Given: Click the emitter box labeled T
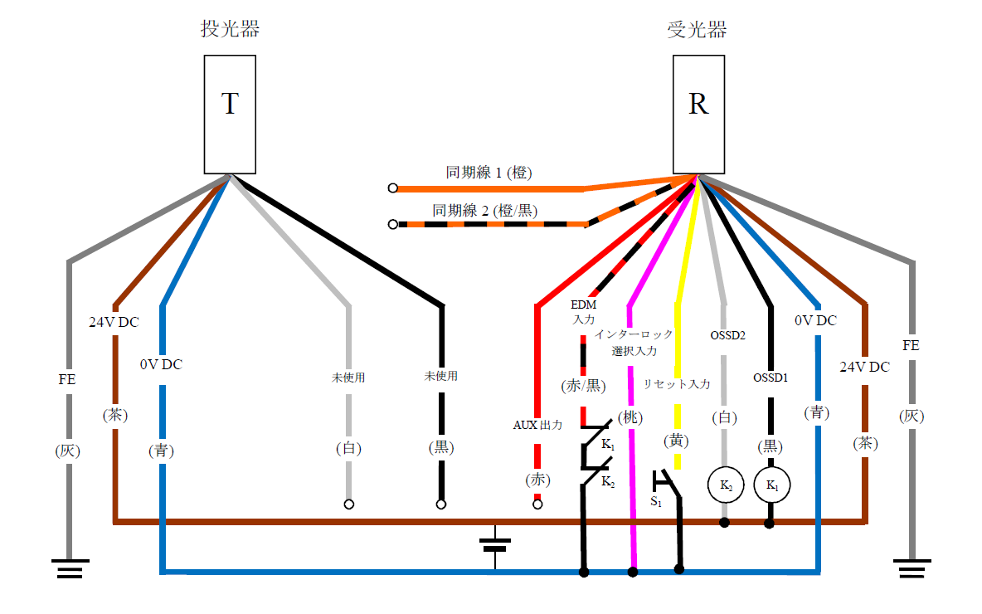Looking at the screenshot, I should (x=230, y=114).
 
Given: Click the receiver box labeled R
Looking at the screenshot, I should (x=698, y=114).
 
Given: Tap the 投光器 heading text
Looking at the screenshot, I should (x=230, y=29).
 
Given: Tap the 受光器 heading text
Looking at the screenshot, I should (x=698, y=30).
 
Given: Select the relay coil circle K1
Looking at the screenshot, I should (x=771, y=485).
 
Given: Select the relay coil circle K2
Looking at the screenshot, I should (x=724, y=485).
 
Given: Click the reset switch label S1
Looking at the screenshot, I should (x=655, y=502).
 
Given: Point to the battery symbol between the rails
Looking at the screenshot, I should (x=495, y=545).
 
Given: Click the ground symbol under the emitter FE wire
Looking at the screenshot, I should (x=69, y=569).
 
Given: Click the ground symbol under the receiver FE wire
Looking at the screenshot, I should (x=912, y=569).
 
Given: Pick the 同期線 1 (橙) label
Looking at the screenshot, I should (x=489, y=173).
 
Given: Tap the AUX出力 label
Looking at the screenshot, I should (x=537, y=425).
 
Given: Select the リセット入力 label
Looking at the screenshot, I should (x=677, y=384).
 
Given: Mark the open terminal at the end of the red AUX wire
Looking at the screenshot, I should (x=537, y=504).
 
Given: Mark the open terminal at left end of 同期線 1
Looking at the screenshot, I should (x=393, y=188).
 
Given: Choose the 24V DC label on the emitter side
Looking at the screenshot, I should (x=114, y=322).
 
